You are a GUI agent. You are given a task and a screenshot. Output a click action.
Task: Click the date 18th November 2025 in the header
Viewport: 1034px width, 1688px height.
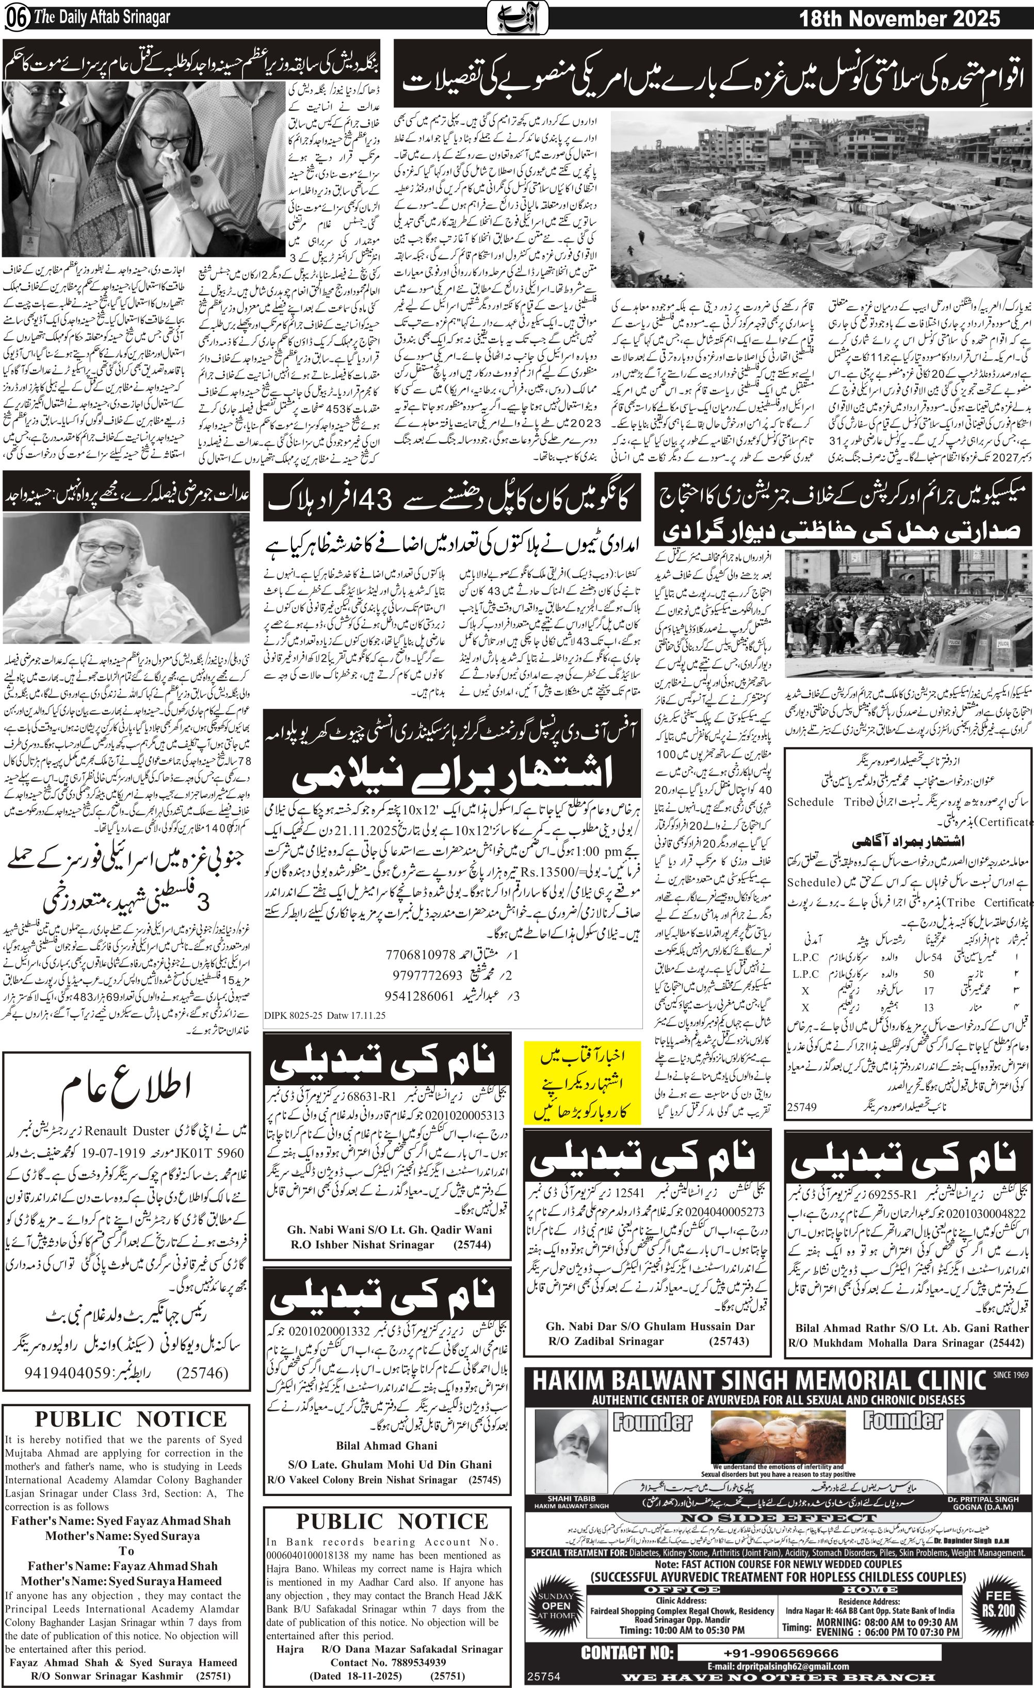click(x=900, y=19)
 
